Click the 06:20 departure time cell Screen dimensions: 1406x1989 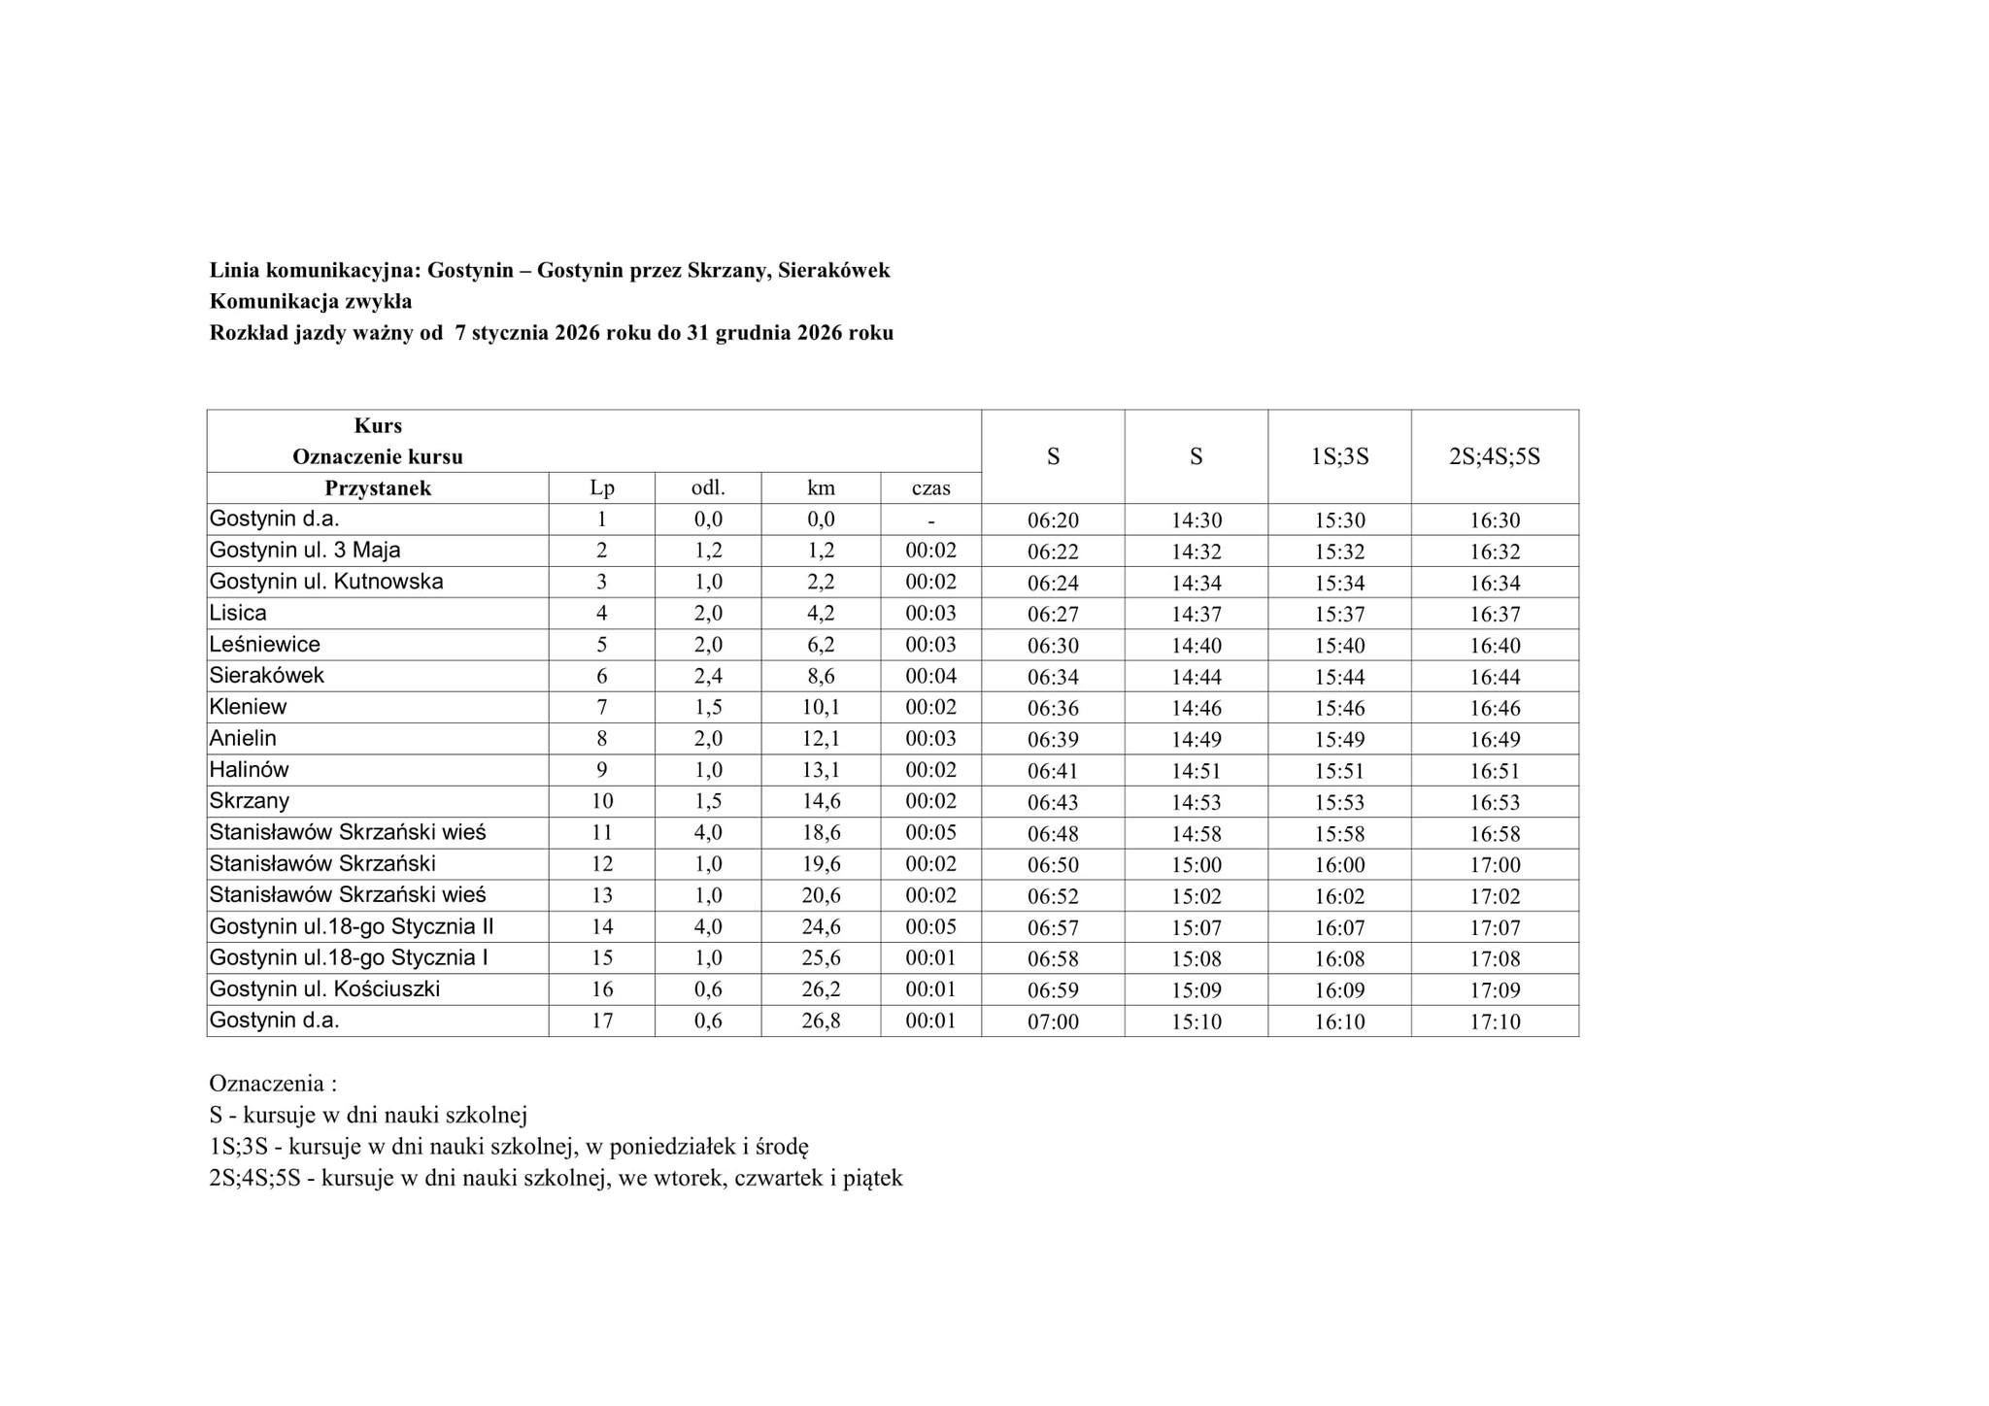pyautogui.click(x=1053, y=520)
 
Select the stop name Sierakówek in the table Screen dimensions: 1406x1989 pyautogui.click(x=267, y=676)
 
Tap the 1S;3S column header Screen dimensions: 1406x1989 pyautogui.click(x=1339, y=456)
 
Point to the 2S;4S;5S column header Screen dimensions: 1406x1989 pyautogui.click(x=1495, y=456)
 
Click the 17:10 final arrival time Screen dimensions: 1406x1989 pyautogui.click(x=1495, y=1021)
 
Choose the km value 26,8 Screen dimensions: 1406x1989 pyautogui.click(x=821, y=1021)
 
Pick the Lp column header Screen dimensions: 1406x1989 pyautogui.click(x=602, y=488)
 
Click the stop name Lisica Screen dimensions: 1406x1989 pyautogui.click(x=238, y=614)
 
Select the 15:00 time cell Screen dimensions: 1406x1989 pyautogui.click(x=1197, y=865)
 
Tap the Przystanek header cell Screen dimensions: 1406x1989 pyautogui.click(x=378, y=488)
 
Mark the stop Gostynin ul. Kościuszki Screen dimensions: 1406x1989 pyautogui.click(x=324, y=989)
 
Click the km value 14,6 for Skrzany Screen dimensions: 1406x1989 pyautogui.click(x=821, y=802)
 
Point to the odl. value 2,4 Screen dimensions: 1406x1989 pyautogui.click(x=708, y=677)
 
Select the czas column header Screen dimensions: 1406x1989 pyautogui.click(x=930, y=488)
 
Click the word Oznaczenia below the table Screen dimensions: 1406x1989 pyautogui.click(x=267, y=1084)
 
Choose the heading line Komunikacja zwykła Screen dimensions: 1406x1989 pyautogui.click(x=311, y=301)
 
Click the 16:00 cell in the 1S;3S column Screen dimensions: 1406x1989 pyautogui.click(x=1339, y=865)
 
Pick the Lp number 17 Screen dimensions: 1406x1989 pyautogui.click(x=602, y=1021)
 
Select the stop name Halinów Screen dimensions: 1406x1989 pyautogui.click(x=250, y=770)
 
